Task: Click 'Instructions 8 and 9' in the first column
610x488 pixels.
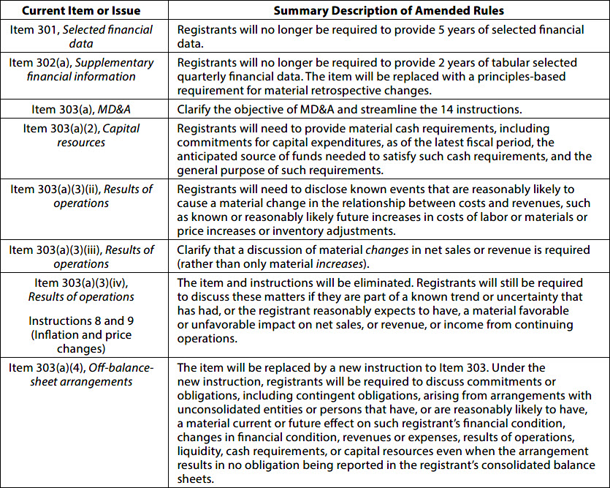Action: (x=81, y=320)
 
